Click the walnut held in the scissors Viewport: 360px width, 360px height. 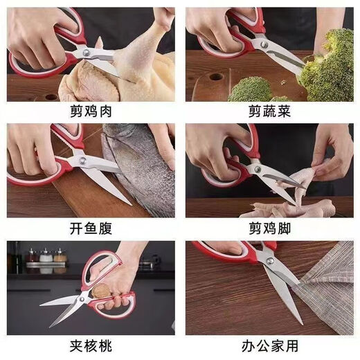click(102, 291)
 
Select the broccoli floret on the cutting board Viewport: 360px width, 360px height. click(251, 89)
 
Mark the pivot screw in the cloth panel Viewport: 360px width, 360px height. click(266, 262)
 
